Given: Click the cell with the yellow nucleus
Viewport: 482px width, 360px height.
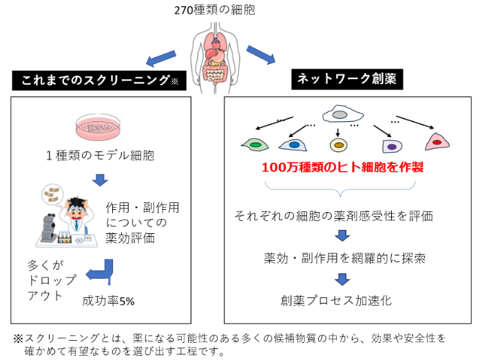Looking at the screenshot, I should (337, 145).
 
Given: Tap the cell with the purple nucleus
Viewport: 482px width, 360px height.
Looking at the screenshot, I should (391, 146).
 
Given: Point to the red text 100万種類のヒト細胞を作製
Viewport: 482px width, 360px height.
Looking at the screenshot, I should (342, 167).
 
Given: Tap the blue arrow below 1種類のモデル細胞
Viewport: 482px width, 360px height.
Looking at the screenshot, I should (101, 180).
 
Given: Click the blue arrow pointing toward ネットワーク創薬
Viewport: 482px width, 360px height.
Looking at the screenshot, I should (261, 54).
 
